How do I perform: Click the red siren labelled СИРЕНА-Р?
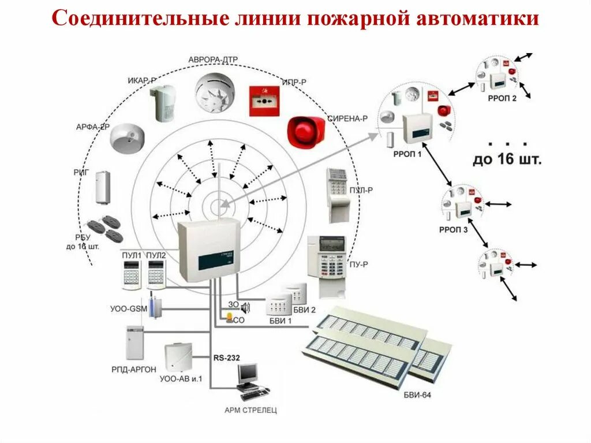pyautogui.click(x=306, y=131)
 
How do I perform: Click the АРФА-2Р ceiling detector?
pyautogui.click(x=126, y=138)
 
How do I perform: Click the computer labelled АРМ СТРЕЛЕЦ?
pyautogui.click(x=250, y=381)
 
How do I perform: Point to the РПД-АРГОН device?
pyautogui.click(x=134, y=343)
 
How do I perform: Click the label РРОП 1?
pyautogui.click(x=408, y=154)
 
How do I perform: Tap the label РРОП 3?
pyautogui.click(x=454, y=228)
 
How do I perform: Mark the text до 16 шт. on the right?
pyautogui.click(x=507, y=160)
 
